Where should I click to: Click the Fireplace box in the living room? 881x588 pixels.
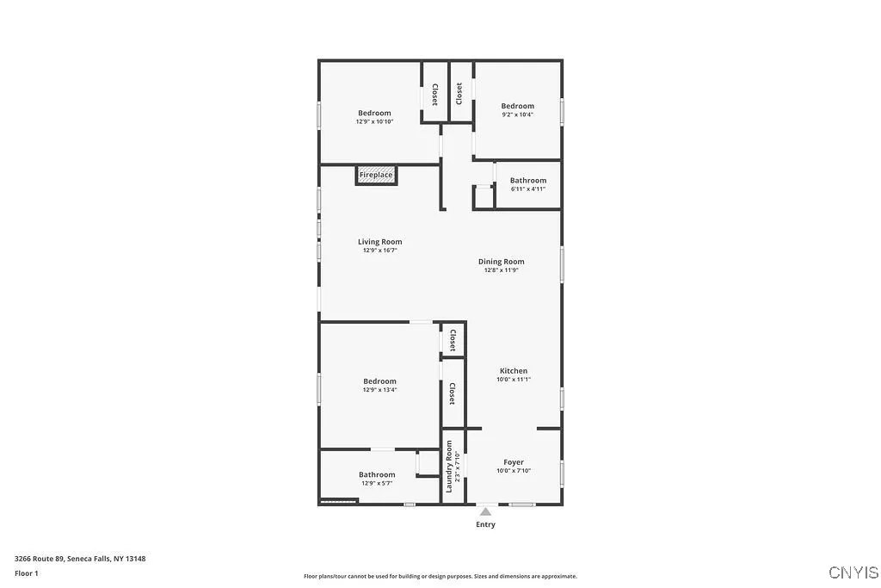click(x=376, y=176)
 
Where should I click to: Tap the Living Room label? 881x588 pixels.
click(x=379, y=242)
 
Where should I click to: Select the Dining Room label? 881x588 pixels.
click(x=501, y=262)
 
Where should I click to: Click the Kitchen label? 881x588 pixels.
click(x=514, y=371)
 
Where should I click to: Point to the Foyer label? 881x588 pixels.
click(x=514, y=462)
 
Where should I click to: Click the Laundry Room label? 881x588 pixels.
click(x=449, y=467)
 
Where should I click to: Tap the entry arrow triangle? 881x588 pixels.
click(x=485, y=511)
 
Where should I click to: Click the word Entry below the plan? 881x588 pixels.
click(x=485, y=524)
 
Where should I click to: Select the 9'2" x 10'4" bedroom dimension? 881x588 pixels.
click(x=518, y=115)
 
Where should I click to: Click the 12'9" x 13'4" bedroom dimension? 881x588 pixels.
click(x=379, y=390)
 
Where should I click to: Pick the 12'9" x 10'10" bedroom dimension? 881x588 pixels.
click(x=374, y=121)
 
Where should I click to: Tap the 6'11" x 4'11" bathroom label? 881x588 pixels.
click(x=527, y=189)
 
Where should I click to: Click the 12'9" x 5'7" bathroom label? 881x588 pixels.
click(x=377, y=483)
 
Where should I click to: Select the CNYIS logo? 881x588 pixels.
click(x=853, y=573)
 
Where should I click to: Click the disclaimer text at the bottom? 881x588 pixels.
click(x=440, y=577)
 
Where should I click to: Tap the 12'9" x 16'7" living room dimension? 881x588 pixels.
click(x=379, y=251)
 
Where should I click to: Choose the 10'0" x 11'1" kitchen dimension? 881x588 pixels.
click(x=514, y=380)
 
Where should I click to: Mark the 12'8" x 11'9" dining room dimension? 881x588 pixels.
click(x=501, y=270)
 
